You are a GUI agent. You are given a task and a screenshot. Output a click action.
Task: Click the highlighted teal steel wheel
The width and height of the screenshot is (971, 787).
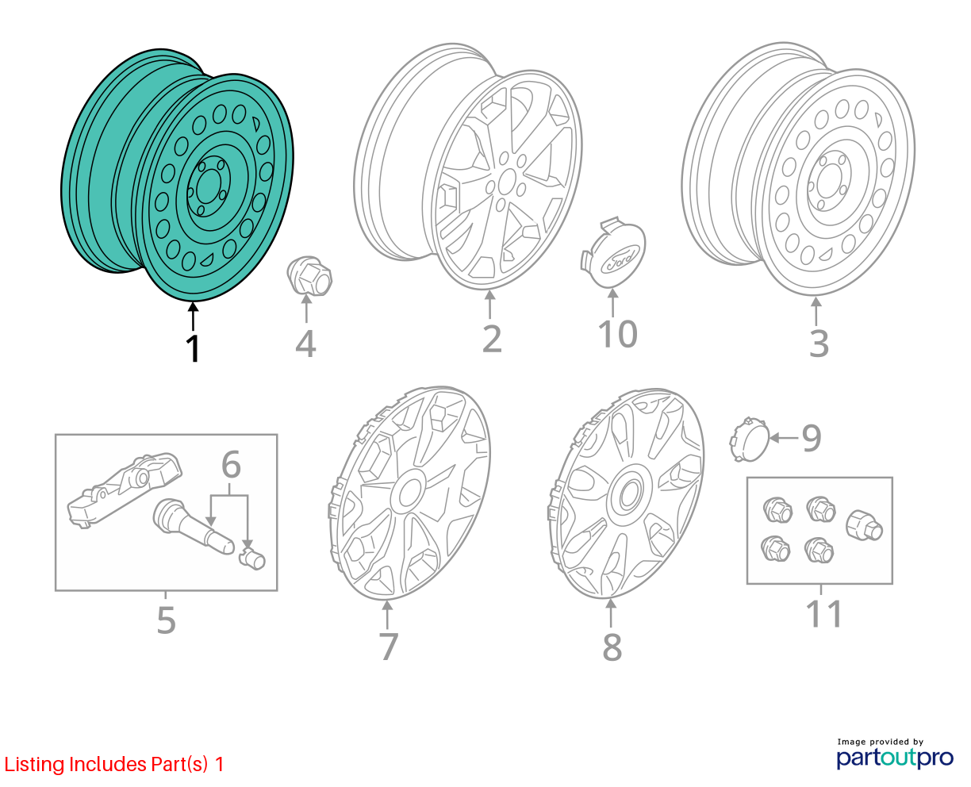(178, 175)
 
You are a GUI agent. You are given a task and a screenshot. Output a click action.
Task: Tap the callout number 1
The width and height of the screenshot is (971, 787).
(194, 349)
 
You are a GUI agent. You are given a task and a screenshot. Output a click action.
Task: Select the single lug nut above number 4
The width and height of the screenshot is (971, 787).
(309, 275)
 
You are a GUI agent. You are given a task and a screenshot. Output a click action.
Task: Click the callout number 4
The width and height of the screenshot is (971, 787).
(305, 344)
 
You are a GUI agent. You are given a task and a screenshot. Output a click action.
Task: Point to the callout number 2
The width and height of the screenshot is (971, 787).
(492, 340)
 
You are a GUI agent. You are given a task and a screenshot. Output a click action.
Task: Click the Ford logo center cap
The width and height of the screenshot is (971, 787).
(612, 252)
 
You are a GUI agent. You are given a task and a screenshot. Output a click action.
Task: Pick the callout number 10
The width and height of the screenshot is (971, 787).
(617, 334)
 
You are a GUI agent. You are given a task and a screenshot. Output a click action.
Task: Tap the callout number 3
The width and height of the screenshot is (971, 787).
(818, 344)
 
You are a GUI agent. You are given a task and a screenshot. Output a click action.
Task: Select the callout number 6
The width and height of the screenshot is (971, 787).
(231, 464)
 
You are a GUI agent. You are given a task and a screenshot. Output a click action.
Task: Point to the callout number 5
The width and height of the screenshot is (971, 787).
(166, 620)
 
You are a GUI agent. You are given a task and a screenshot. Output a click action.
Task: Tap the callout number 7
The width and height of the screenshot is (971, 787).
(389, 646)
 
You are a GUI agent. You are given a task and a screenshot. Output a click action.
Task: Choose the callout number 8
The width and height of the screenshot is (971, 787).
(612, 647)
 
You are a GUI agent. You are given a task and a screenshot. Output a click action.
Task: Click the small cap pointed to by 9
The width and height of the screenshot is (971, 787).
(749, 439)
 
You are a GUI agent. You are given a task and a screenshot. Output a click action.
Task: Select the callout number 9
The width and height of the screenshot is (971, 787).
(812, 438)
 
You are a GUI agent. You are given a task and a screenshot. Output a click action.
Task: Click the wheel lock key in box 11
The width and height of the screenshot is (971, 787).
(864, 525)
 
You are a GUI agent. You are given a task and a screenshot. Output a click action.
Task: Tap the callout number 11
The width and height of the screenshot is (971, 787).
(823, 614)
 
